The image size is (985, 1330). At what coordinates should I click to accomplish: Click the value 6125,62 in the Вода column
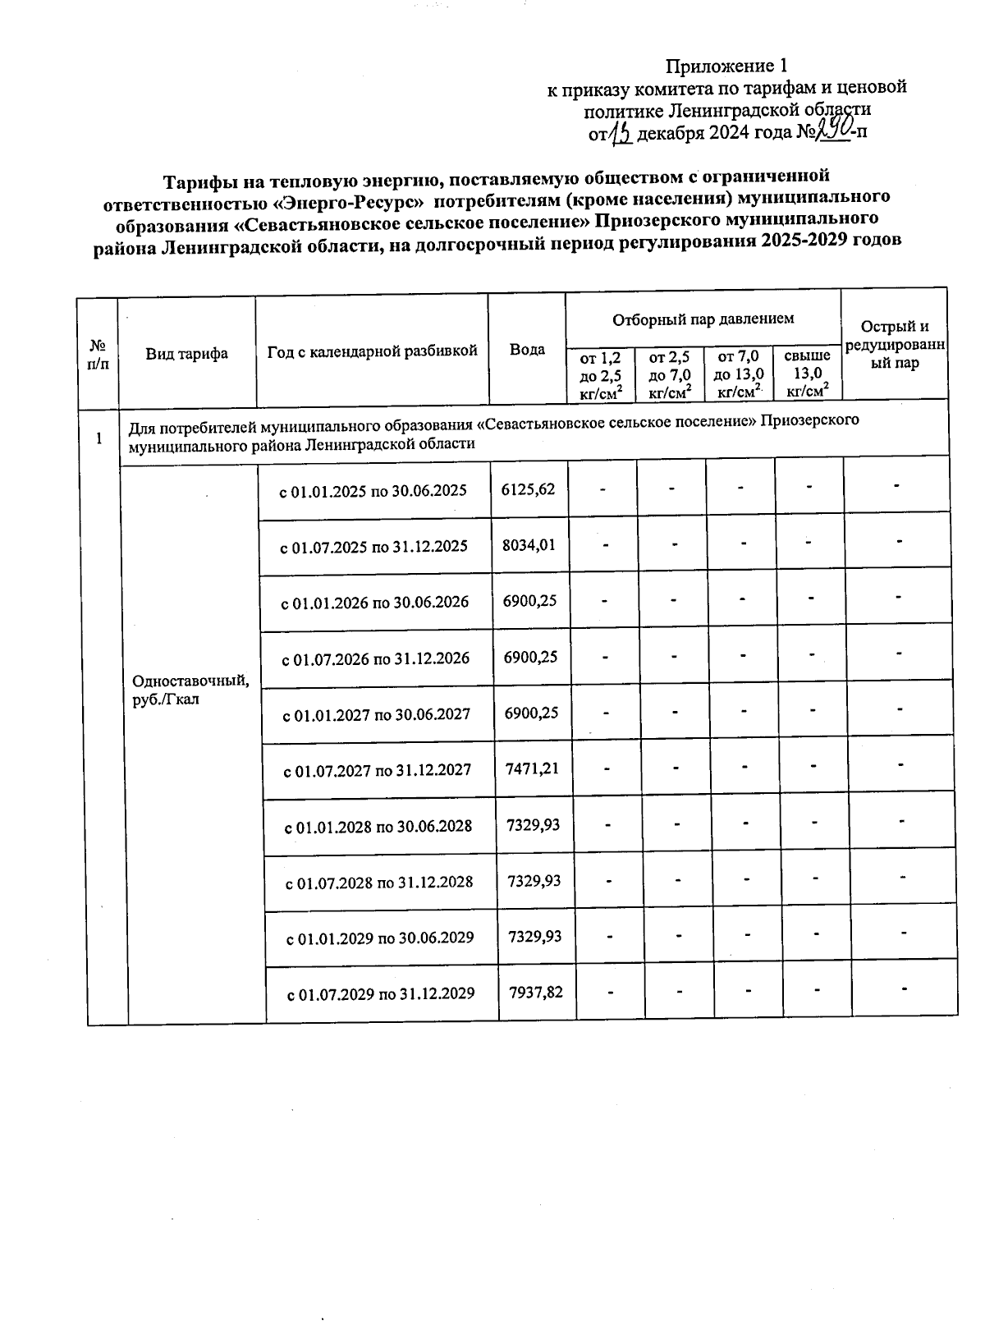tap(528, 489)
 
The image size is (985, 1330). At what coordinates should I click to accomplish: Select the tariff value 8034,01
tap(529, 544)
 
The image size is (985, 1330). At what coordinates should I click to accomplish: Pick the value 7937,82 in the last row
tap(536, 992)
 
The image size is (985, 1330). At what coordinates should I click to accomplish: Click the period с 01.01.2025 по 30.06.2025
tap(373, 491)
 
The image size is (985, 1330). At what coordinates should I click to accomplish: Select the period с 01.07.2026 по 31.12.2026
tap(376, 658)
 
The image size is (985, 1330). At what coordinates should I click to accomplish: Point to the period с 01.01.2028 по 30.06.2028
tap(378, 826)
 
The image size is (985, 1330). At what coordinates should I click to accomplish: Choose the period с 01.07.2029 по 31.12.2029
tap(381, 993)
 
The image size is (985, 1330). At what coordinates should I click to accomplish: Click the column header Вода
tap(527, 350)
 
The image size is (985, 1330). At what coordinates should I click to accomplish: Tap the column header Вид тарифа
tap(187, 354)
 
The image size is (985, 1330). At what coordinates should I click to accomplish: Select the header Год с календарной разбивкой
tap(373, 351)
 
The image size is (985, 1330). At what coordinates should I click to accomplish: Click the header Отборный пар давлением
tap(703, 319)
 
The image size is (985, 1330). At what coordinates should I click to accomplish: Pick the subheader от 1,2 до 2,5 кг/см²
tap(600, 374)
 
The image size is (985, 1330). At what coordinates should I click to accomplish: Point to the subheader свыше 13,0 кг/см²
tap(807, 374)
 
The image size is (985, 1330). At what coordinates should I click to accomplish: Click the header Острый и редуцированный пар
tap(895, 345)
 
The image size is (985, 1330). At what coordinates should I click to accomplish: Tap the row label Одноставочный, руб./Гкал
tap(190, 690)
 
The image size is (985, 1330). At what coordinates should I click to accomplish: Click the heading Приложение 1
tap(726, 66)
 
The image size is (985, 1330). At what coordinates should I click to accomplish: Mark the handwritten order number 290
tap(832, 129)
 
